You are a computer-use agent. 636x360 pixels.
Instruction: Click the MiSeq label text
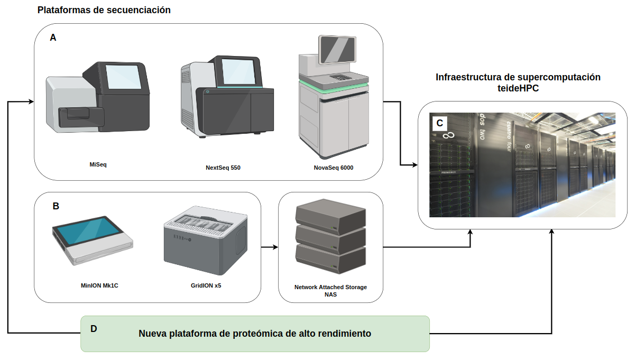pos(98,164)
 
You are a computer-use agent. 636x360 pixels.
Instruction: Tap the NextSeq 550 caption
pos(227,168)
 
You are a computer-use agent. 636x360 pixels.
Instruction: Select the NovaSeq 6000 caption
pos(333,168)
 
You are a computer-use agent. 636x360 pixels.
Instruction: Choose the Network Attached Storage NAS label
pos(330,291)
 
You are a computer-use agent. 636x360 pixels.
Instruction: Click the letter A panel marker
pos(53,38)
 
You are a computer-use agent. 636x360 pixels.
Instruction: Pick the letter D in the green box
pos(94,328)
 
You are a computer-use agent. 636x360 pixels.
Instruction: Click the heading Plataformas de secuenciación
pos(104,10)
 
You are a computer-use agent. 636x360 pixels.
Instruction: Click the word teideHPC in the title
pos(518,89)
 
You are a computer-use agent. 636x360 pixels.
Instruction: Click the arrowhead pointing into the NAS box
pos(275,247)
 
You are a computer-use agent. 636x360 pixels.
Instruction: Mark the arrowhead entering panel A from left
pos(32,101)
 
